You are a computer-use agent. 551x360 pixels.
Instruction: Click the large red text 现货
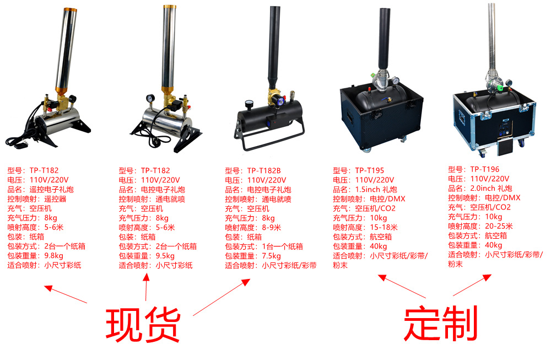(x=143, y=324)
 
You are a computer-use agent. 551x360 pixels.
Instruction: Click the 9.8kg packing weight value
(x=53, y=256)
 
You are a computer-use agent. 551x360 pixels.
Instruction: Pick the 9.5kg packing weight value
(x=165, y=256)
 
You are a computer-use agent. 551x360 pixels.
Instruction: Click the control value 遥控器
(x=55, y=199)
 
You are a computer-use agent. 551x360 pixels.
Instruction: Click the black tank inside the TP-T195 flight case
(x=375, y=105)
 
